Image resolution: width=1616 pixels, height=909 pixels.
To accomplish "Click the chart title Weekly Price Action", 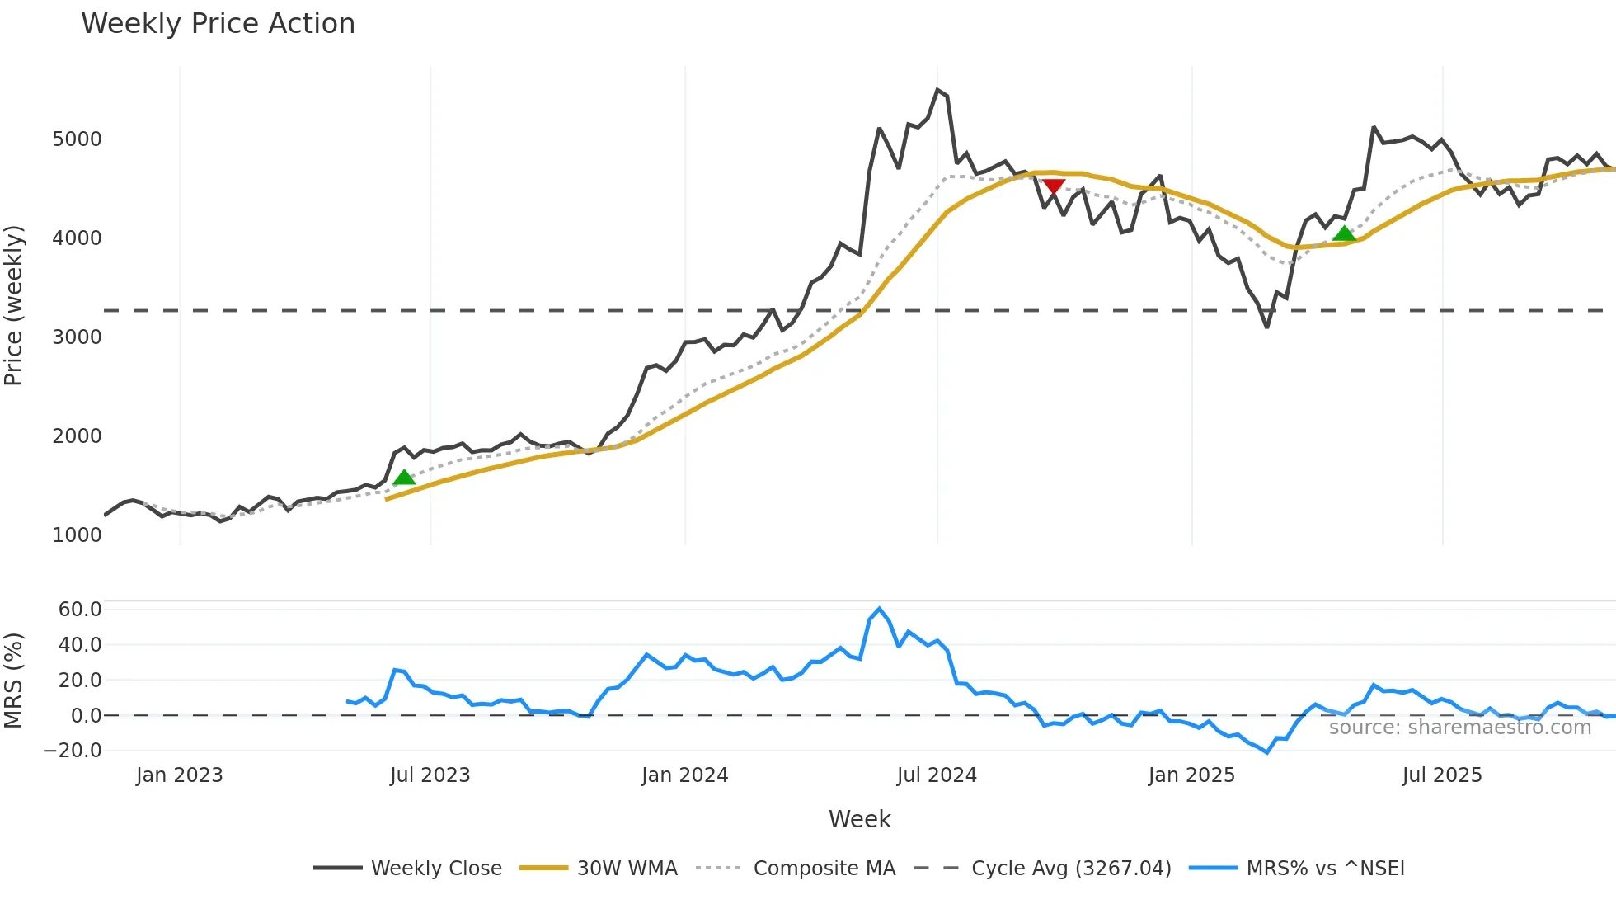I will coord(218,24).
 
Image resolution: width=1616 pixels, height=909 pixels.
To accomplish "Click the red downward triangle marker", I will coord(1053,186).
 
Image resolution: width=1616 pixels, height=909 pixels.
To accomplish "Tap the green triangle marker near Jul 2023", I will coord(404,478).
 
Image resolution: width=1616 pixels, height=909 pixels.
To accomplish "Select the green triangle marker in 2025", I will coord(1344,233).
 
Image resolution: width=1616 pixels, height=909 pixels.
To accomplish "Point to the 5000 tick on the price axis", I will coord(77,139).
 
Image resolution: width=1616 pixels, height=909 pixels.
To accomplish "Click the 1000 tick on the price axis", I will coord(77,535).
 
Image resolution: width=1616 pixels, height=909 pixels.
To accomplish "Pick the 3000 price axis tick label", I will coord(77,337).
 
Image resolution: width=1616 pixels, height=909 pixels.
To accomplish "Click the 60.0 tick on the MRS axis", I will coord(80,610).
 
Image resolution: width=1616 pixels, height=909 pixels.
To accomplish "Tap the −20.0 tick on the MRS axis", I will coord(73,751).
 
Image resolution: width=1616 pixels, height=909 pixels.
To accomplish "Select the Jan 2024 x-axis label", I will coord(684,775).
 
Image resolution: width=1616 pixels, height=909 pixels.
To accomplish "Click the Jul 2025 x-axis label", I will coord(1442,775).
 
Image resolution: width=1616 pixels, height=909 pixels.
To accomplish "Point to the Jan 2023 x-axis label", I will coord(179,775).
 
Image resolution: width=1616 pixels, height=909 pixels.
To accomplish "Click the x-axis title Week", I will coord(859,819).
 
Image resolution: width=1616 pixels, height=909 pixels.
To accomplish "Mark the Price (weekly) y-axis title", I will coord(14,305).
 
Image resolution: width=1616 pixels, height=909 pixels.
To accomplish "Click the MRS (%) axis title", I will coord(14,680).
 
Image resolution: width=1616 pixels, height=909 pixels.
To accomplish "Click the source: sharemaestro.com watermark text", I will coord(1459,728).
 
